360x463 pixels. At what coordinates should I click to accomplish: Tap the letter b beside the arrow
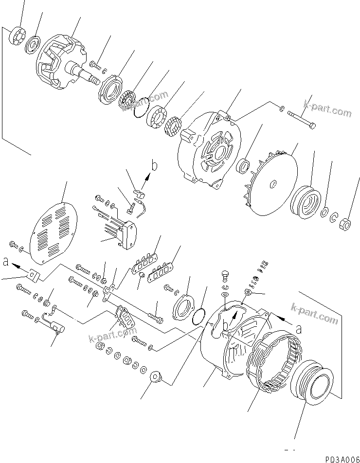(x=155, y=167)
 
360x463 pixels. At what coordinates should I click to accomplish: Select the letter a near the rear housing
(x=298, y=329)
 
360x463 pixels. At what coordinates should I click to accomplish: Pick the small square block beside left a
(x=34, y=275)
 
